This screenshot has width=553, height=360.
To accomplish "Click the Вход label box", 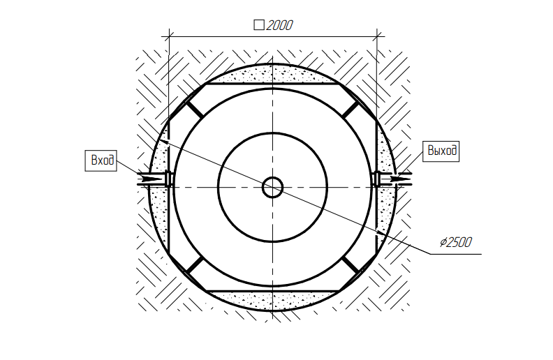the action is tap(101, 160).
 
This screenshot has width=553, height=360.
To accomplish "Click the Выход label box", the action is tap(441, 151).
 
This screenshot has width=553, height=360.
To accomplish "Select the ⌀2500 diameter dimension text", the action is tap(455, 242).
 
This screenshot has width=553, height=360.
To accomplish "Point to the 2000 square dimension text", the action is tap(279, 25).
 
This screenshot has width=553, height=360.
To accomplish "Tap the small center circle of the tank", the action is tap(272, 188).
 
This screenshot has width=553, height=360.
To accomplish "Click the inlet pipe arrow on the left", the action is tap(151, 179).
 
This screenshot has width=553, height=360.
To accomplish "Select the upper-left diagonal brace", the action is tap(194, 110).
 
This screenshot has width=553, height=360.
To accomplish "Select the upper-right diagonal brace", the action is tap(351, 110).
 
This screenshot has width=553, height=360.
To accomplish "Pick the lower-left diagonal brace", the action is tap(194, 265).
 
